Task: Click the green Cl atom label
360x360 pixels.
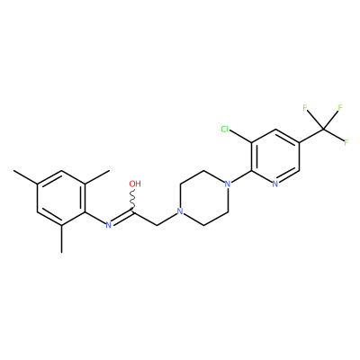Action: click(x=225, y=130)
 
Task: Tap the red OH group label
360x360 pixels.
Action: click(x=135, y=184)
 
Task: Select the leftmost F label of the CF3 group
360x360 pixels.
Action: click(x=305, y=108)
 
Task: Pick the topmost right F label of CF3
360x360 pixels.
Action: click(x=340, y=108)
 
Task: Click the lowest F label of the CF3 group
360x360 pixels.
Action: click(x=346, y=143)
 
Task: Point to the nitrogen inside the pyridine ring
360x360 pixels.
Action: click(x=275, y=184)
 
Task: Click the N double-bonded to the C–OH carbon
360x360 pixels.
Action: click(x=109, y=225)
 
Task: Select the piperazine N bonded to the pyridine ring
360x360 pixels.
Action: click(x=228, y=184)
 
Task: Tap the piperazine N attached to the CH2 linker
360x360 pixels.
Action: click(x=180, y=211)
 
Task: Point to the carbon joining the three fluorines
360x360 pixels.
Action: click(x=323, y=130)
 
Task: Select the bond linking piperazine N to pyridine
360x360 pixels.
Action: click(x=241, y=177)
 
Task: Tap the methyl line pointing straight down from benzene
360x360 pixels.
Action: click(x=62, y=238)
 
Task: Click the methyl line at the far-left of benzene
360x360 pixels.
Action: click(x=25, y=177)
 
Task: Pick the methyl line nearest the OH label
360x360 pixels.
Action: click(x=97, y=177)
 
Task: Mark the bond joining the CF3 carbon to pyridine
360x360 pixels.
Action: click(x=311, y=136)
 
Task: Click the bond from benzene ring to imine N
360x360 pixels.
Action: click(x=95, y=218)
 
